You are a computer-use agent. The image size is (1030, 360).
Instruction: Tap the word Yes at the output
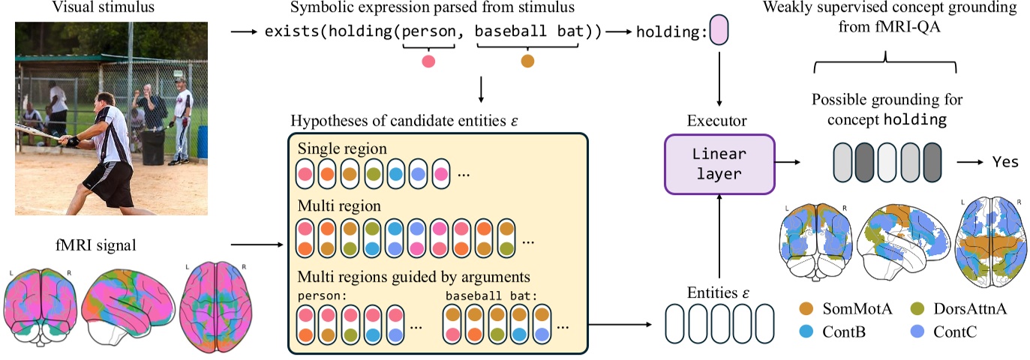[1005, 162]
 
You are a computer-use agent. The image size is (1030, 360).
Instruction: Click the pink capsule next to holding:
[718, 32]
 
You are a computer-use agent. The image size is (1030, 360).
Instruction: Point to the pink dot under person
[428, 61]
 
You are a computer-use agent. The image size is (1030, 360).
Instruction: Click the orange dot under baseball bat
[527, 61]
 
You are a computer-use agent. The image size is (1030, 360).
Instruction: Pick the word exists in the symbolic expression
[287, 33]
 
